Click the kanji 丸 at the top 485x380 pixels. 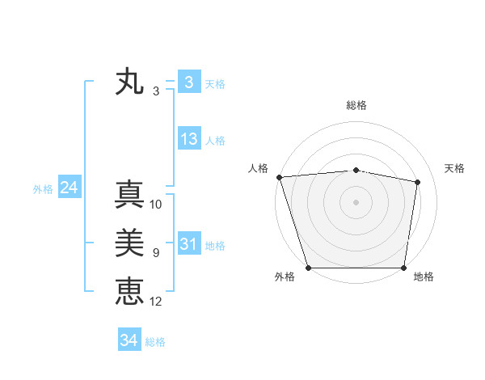[x=129, y=82]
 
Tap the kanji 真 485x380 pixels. [x=129, y=195]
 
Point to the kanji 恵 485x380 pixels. [x=129, y=290]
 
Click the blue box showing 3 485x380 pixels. [x=188, y=82]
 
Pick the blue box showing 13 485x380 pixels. [x=188, y=139]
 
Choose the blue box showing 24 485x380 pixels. [x=69, y=188]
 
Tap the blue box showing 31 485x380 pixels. [x=188, y=244]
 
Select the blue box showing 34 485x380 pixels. [x=129, y=340]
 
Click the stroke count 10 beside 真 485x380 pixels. [x=156, y=205]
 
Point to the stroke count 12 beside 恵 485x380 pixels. [x=156, y=302]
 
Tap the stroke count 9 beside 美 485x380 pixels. [x=156, y=253]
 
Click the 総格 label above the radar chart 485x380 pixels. [x=356, y=105]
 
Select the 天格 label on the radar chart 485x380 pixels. [x=454, y=168]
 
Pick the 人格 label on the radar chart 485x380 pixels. [x=258, y=168]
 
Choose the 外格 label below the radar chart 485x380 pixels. [x=285, y=277]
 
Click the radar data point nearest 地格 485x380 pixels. [x=404, y=268]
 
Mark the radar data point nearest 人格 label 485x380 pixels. [x=279, y=176]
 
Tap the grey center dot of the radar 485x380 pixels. [x=356, y=201]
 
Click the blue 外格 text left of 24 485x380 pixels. [x=43, y=189]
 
